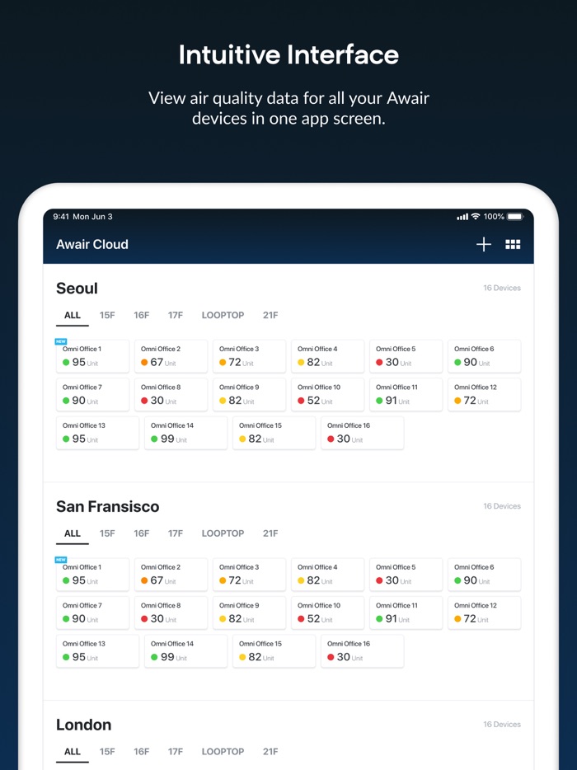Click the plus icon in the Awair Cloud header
click(x=484, y=244)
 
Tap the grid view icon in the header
click(x=513, y=244)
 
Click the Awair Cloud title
click(x=92, y=244)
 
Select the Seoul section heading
click(x=77, y=289)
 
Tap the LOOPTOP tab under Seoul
click(x=223, y=315)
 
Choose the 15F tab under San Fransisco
click(x=107, y=533)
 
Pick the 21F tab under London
click(x=270, y=752)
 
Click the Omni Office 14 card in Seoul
click(x=185, y=433)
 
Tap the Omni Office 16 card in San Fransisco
click(x=362, y=651)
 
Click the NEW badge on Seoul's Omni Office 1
click(x=61, y=341)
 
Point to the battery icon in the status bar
click(x=515, y=217)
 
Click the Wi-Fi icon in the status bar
click(x=476, y=217)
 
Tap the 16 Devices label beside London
click(x=502, y=725)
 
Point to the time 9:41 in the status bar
click(x=61, y=217)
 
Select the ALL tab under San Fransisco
click(x=73, y=533)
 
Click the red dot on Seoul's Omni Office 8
click(x=144, y=401)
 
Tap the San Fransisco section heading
click(x=107, y=507)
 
